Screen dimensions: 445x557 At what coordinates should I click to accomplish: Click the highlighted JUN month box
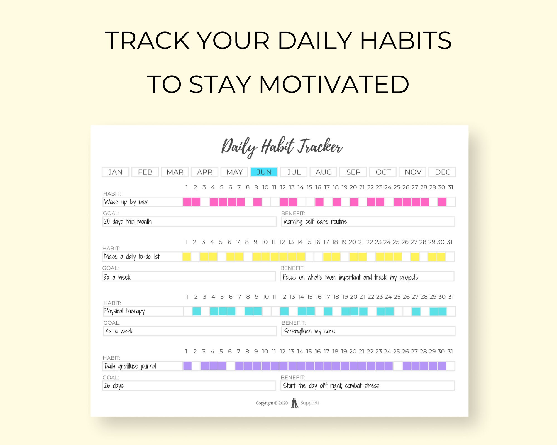(264, 172)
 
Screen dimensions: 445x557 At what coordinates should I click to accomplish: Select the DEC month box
(442, 172)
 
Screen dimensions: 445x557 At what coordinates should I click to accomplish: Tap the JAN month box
(115, 172)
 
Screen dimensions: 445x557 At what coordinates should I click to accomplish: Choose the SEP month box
(353, 172)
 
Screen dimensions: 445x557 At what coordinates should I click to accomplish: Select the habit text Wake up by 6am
(126, 202)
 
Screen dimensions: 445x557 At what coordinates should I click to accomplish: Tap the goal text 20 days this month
(128, 222)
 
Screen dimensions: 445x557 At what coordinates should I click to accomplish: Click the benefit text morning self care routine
(315, 222)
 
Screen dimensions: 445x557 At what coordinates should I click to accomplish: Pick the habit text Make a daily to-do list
(132, 256)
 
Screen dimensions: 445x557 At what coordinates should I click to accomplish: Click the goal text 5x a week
(117, 277)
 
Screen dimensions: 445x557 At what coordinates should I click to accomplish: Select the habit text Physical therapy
(124, 311)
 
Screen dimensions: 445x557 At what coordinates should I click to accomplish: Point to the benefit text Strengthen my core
(309, 331)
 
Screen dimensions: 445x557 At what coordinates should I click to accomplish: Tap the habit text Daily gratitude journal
(130, 366)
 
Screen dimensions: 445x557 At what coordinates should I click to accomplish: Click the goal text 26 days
(114, 386)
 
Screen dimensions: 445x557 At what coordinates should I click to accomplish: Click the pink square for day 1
(187, 202)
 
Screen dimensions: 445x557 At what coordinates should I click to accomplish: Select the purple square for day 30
(442, 366)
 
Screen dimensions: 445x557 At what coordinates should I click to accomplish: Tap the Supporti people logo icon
(295, 403)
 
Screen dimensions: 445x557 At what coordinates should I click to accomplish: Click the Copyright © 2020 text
(272, 403)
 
